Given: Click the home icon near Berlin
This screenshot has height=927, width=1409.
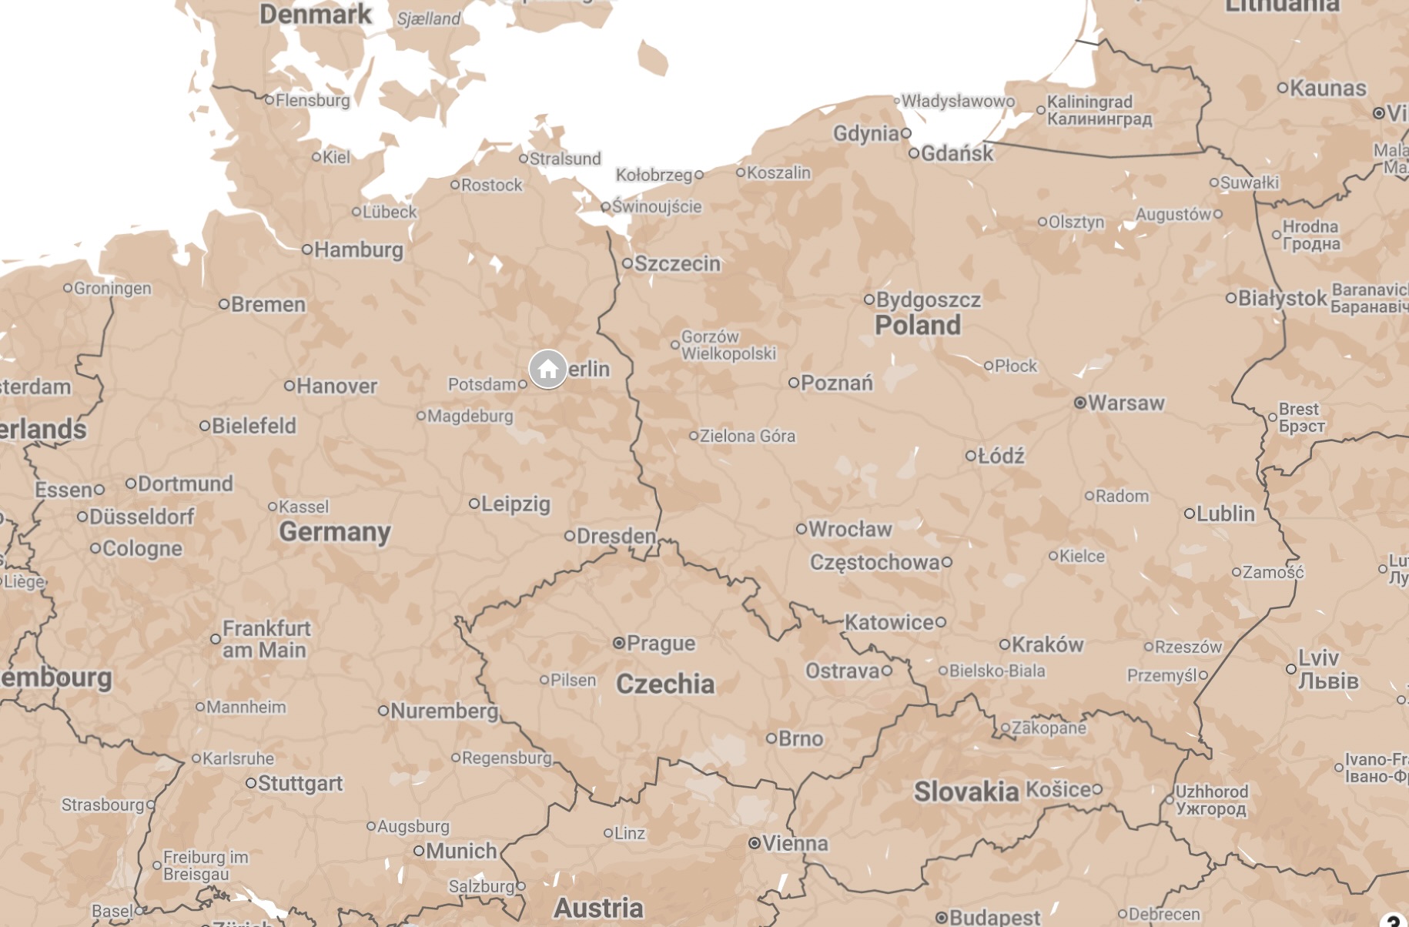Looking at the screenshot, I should [x=547, y=370].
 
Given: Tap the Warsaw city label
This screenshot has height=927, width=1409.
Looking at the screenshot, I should [x=1126, y=403].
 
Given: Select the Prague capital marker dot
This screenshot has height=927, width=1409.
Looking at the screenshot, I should [x=619, y=643].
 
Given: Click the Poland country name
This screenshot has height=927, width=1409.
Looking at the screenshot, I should [x=917, y=325].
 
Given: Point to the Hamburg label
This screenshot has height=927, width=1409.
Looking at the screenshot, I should [x=358, y=249].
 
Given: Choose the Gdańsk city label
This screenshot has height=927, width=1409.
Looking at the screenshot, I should [x=957, y=153].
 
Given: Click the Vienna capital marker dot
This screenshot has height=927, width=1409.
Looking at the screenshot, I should [x=755, y=843].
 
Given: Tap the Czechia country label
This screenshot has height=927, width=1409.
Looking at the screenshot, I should [x=665, y=684].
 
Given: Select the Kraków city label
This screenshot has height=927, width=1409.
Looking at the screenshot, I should [x=1047, y=644].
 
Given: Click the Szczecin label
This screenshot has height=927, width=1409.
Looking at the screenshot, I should [x=677, y=263].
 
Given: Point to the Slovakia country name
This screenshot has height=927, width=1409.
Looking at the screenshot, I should [x=966, y=791].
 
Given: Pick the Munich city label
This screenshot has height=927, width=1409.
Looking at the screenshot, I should [x=460, y=851].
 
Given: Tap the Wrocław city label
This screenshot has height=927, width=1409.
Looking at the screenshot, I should [x=850, y=529].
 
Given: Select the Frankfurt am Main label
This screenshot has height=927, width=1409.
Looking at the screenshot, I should [x=266, y=639].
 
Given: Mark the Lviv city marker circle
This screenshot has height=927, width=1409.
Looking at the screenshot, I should [x=1290, y=669].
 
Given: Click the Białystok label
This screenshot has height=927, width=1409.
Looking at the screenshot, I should [x=1282, y=298].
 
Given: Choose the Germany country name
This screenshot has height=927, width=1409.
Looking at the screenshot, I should [x=335, y=531].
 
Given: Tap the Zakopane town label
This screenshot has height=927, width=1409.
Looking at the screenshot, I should [x=1049, y=728].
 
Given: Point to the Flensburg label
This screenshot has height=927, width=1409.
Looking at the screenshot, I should [x=312, y=100].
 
